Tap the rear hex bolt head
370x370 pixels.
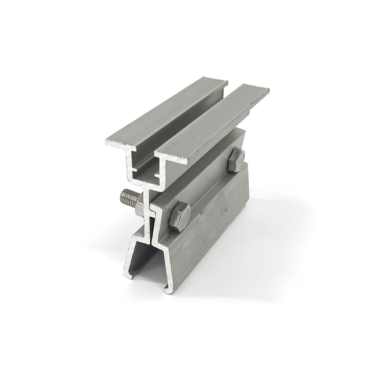236,160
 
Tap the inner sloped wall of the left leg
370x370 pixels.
136,254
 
